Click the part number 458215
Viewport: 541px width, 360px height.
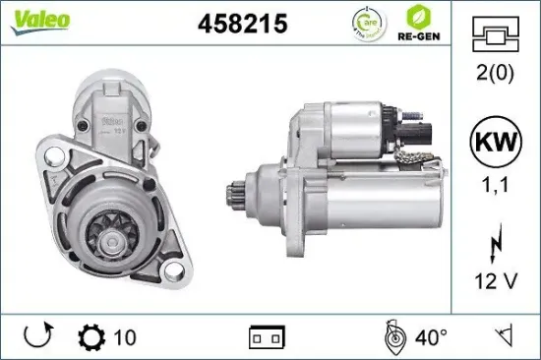tap(242, 25)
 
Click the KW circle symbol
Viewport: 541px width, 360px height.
tap(498, 140)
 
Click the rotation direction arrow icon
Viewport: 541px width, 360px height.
tap(37, 337)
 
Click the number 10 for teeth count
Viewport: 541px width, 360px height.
tap(125, 337)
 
